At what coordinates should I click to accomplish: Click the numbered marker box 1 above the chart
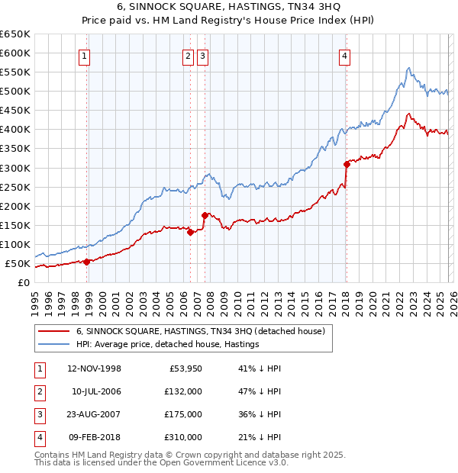(x=84, y=56)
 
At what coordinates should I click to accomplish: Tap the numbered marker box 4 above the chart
(x=345, y=56)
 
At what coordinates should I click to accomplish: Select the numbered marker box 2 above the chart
(x=188, y=56)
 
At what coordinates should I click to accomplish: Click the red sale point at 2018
(x=347, y=163)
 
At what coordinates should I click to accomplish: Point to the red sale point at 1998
(x=87, y=262)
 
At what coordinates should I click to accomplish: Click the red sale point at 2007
(x=205, y=215)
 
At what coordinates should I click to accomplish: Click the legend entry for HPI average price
(x=168, y=344)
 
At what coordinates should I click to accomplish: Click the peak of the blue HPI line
(x=409, y=68)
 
